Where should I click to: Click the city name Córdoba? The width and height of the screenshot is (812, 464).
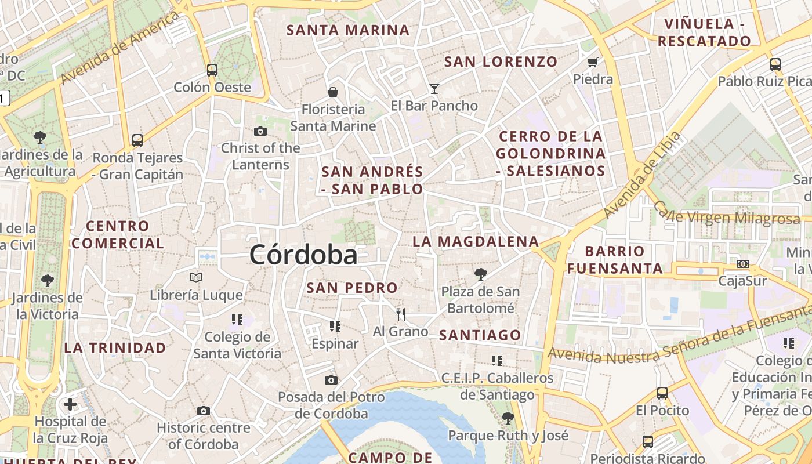(x=303, y=255)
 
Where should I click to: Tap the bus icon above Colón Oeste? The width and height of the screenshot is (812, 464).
(x=212, y=70)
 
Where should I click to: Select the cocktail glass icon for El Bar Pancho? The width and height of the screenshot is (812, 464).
(x=434, y=88)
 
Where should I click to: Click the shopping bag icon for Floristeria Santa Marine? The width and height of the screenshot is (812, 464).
(x=333, y=92)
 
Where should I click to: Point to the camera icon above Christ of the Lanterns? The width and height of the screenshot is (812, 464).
(x=260, y=131)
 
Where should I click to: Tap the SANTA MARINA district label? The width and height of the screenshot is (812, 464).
(x=348, y=30)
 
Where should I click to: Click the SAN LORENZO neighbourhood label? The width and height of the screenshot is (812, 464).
(x=501, y=61)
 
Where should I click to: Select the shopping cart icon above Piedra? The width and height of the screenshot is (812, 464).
(x=592, y=62)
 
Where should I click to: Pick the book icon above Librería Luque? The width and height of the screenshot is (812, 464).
(x=197, y=278)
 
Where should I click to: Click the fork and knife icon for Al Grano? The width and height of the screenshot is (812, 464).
(x=400, y=314)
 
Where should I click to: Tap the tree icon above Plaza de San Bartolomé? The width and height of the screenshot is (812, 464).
(x=480, y=274)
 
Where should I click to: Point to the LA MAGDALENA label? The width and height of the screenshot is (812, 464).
(x=476, y=241)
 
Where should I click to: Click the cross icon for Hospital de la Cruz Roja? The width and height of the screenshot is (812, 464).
(x=70, y=404)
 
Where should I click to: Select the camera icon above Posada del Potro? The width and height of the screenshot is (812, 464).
(x=331, y=380)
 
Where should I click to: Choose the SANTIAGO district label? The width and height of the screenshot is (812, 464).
(x=480, y=335)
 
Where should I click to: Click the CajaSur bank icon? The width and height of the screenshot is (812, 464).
(x=742, y=264)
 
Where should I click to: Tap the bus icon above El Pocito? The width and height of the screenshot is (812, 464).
(x=662, y=393)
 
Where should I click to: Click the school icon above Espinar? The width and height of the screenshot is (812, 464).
(x=335, y=327)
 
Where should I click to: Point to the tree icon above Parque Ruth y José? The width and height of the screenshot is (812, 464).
(x=508, y=418)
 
